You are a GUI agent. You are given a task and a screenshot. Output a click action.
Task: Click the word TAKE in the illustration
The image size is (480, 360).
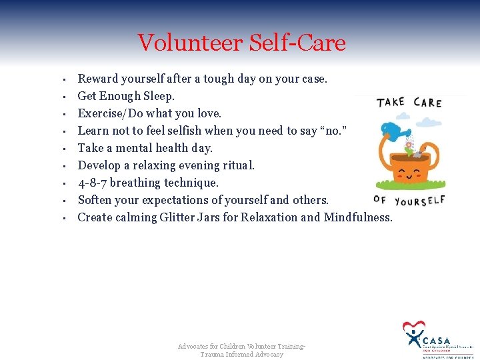pos(391,102)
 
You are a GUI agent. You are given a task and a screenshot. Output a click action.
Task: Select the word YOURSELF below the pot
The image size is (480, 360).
pos(419,200)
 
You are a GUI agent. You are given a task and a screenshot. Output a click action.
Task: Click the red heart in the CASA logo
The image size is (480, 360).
pos(413,328)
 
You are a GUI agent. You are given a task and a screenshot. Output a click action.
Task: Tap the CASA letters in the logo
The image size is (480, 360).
pos(437,340)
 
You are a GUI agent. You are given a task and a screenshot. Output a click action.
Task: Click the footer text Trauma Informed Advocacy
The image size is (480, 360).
pos(241,355)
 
